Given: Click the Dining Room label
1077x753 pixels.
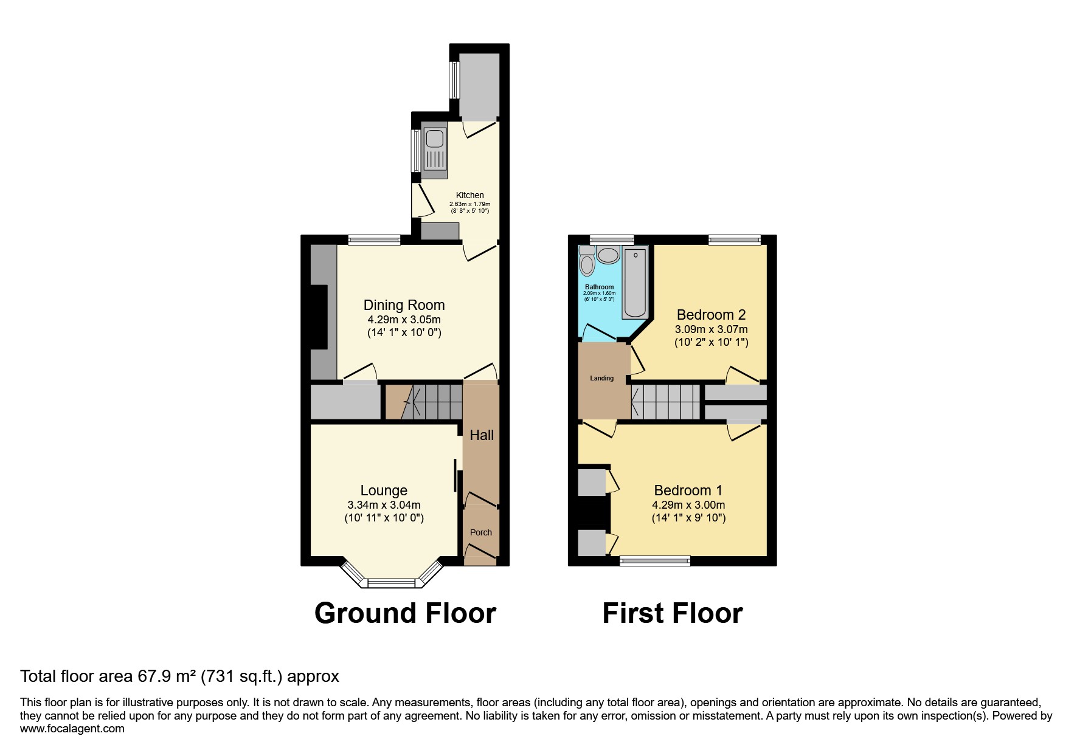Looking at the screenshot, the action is (404, 305).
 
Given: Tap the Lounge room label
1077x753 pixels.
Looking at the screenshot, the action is (384, 490).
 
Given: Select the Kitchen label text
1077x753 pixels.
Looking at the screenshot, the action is (470, 195).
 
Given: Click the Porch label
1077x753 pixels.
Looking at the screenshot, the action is (481, 532).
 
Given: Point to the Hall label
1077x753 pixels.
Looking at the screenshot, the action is (482, 435).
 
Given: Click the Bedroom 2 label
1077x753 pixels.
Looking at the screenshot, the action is (711, 315).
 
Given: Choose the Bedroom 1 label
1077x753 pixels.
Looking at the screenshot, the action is (688, 490).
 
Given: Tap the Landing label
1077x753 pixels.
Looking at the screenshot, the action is (601, 378).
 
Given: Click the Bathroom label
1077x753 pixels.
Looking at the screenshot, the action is (600, 287).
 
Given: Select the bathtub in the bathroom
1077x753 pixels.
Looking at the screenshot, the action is (635, 282).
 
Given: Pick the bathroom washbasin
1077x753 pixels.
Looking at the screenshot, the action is (608, 255).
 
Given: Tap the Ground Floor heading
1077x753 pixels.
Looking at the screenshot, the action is (405, 613).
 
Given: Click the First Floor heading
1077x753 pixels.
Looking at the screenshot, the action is (673, 613).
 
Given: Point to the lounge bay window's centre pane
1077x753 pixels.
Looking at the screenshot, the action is (392, 583).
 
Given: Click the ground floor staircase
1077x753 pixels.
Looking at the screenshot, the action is (424, 402).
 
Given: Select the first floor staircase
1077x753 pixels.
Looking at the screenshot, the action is (666, 402).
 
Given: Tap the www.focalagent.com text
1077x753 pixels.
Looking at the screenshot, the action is (72, 729).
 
